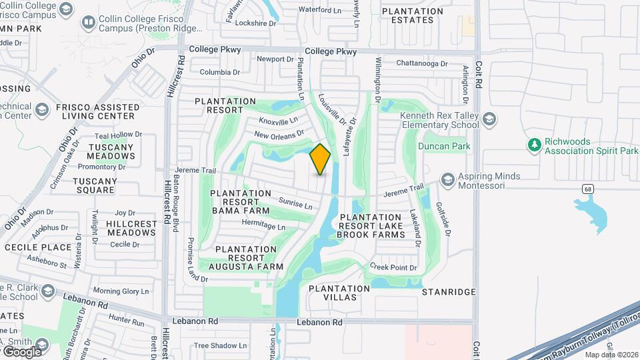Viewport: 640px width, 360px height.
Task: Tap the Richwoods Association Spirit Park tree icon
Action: coord(533,145)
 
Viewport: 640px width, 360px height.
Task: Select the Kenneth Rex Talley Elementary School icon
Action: coord(489,119)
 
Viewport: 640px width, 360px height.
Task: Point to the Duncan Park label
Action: coord(443,146)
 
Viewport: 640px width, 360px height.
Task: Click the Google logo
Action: coord(21,351)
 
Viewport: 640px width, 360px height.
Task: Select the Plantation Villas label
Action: coord(339,293)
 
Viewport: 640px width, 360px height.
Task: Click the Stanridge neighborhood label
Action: coord(449,292)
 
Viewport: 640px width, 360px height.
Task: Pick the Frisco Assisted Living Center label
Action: coord(96,111)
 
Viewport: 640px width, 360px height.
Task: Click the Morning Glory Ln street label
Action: coord(121,291)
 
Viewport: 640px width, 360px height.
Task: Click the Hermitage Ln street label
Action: coord(263,225)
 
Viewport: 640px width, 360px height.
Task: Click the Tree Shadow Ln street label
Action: coord(220,346)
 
